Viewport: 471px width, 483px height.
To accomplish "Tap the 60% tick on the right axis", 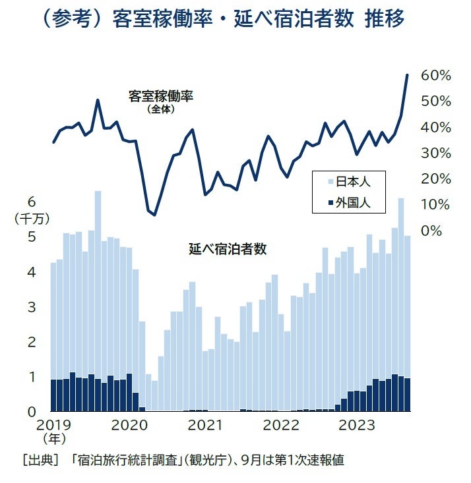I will point(435,76).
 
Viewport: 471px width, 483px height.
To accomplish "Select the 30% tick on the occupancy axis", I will point(435,153).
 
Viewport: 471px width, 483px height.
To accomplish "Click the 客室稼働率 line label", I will point(160,97).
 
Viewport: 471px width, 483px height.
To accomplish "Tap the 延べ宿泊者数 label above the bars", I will point(227,250).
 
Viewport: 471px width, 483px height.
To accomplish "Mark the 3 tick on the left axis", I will point(31,308).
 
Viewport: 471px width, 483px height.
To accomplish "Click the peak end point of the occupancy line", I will point(407,75).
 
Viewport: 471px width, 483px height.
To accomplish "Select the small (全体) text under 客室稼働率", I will point(161,109).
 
